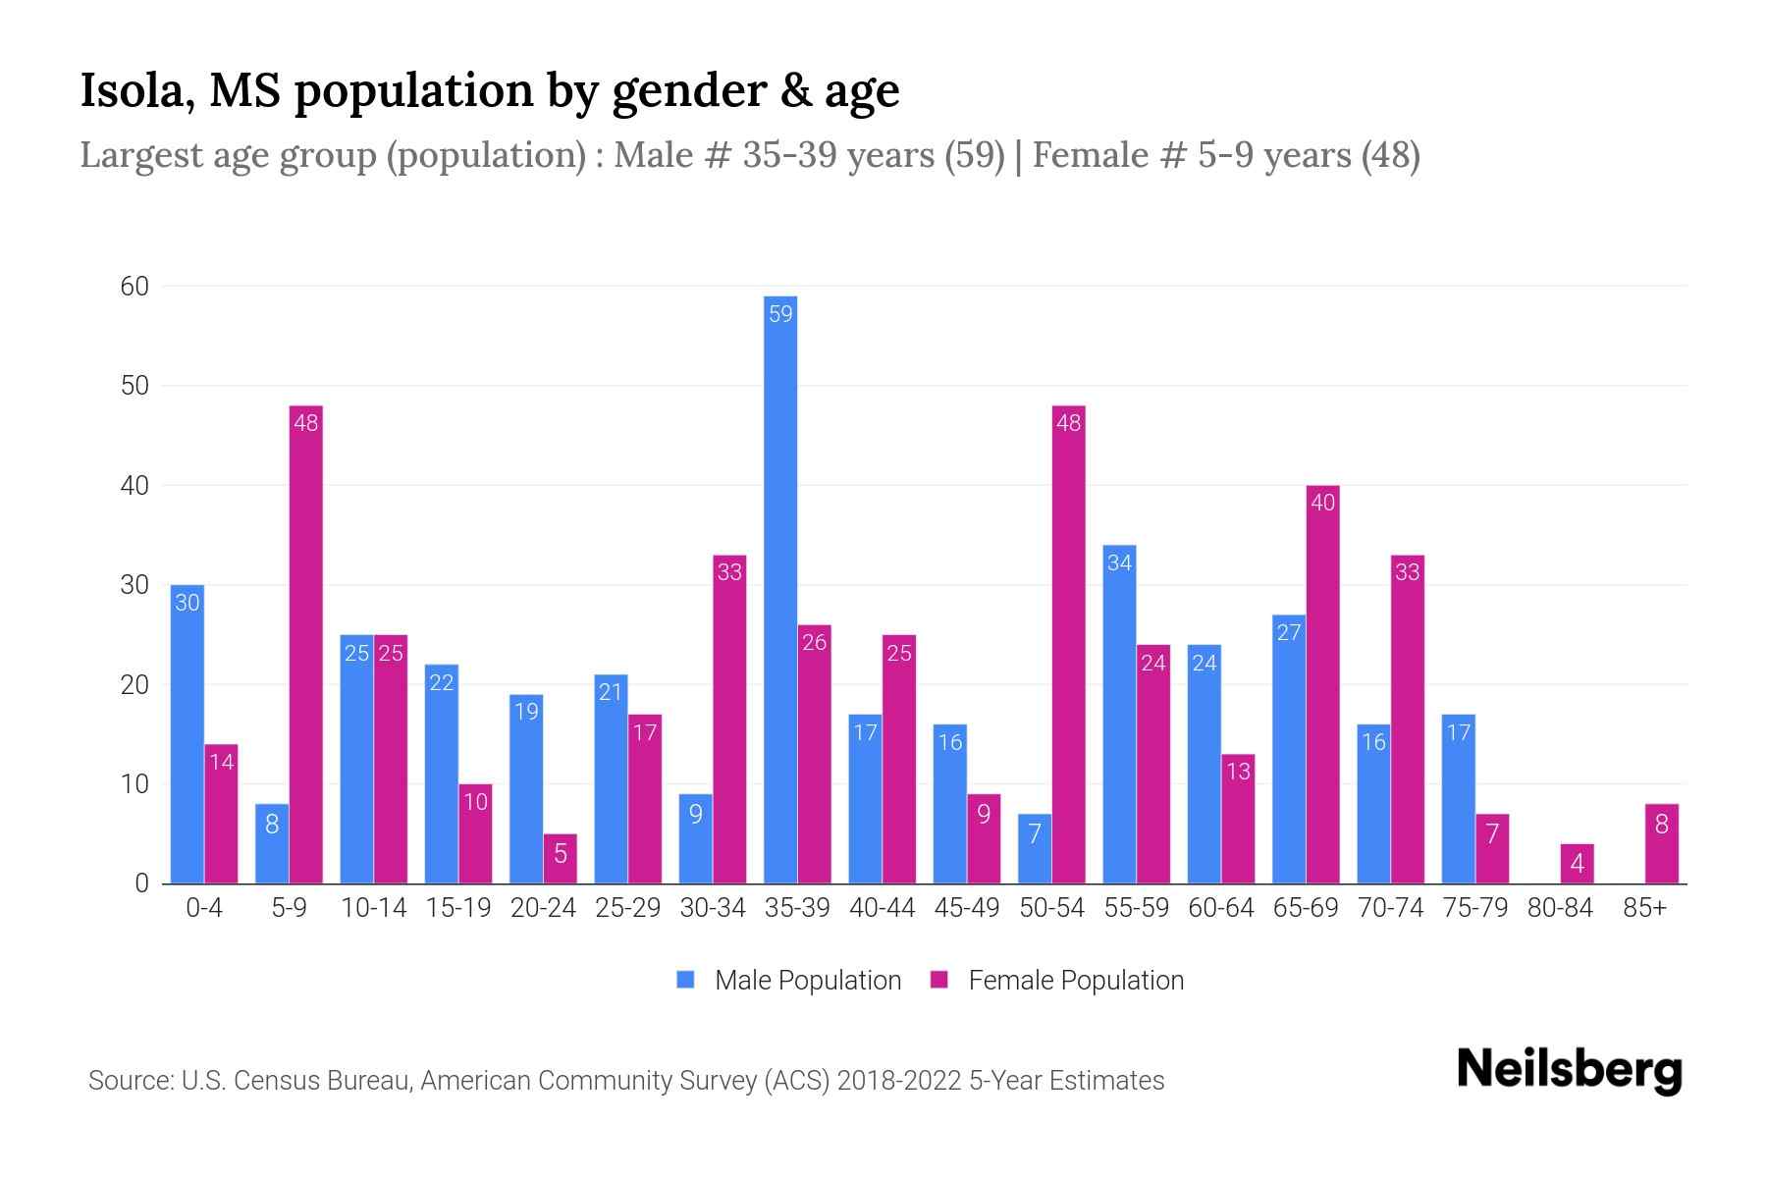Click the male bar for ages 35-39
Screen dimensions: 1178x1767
point(780,589)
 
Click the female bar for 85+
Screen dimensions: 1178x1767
point(1661,844)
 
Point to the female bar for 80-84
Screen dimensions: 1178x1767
point(1577,864)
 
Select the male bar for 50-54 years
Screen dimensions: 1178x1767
point(1035,849)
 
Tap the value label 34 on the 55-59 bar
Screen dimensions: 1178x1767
point(1119,563)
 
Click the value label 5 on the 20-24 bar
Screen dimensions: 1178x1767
point(561,854)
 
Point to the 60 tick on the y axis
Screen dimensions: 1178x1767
point(134,287)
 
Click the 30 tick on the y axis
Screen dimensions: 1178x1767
point(134,585)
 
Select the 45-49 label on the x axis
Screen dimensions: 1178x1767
point(967,908)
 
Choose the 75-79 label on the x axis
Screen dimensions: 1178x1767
point(1474,908)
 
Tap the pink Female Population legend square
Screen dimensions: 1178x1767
point(939,980)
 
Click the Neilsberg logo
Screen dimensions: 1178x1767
point(1569,1070)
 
